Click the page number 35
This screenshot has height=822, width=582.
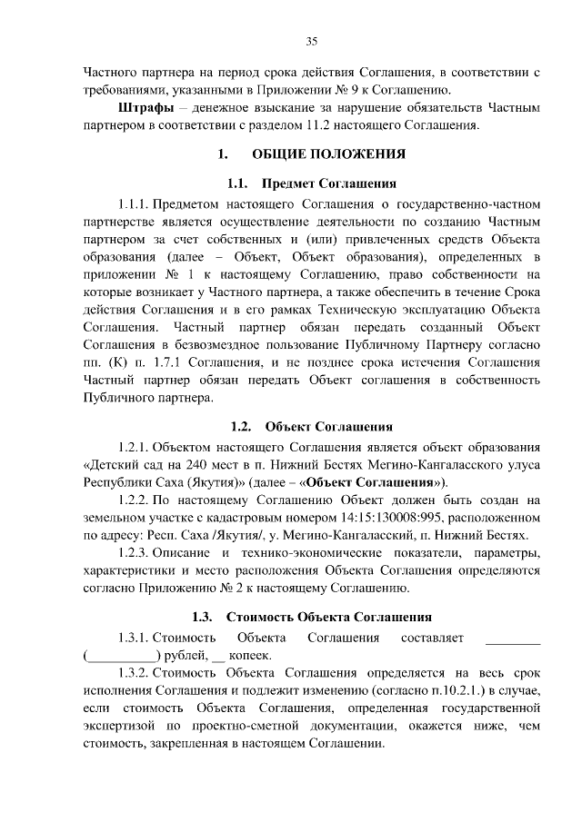click(311, 42)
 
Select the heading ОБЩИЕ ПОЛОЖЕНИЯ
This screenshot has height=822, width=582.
click(329, 154)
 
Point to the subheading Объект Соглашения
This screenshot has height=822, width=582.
click(329, 426)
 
